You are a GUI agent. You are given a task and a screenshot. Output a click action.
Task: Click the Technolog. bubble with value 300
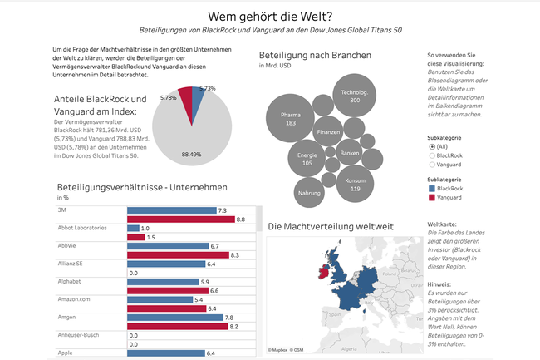(355, 95)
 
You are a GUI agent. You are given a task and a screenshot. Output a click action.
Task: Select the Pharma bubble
(291, 118)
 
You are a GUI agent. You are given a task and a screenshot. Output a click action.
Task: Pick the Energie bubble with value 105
(307, 159)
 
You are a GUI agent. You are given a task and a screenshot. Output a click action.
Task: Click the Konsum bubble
(356, 184)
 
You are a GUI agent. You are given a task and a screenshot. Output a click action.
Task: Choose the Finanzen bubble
(328, 132)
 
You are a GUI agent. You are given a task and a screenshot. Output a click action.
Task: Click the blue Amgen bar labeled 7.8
(175, 318)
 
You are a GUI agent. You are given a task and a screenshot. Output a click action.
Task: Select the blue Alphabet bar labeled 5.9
(162, 282)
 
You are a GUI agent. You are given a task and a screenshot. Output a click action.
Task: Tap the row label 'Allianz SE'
(69, 264)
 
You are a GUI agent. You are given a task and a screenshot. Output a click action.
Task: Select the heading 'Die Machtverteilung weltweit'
(330, 226)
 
